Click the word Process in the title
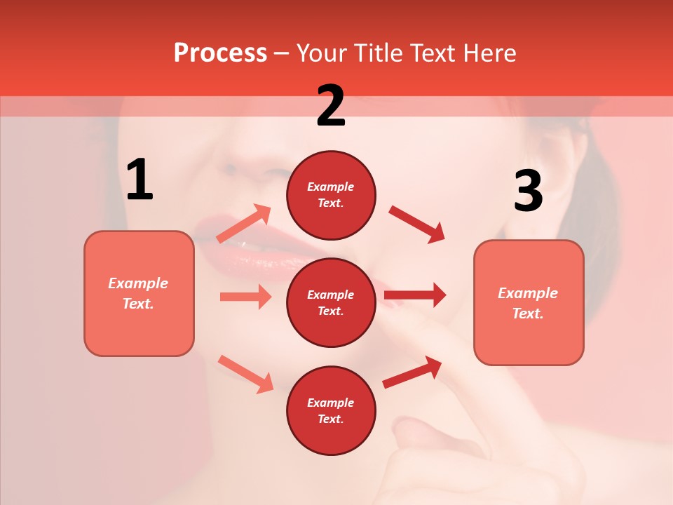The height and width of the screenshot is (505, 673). coord(220,53)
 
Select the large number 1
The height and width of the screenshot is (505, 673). coord(140,180)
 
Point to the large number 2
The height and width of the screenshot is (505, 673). coord(331,106)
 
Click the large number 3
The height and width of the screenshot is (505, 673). coord(528,191)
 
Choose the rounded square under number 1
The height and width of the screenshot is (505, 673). coord(139,293)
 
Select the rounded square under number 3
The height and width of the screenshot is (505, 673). coord(529,302)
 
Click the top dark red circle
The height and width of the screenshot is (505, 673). coord(331,194)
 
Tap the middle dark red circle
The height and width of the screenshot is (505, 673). coord(331,302)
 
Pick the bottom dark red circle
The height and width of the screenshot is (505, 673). coord(331,410)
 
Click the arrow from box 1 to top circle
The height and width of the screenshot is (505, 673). coord(244,223)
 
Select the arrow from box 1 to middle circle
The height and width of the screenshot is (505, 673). coord(245,297)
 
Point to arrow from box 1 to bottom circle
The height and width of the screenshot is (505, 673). coord(245,373)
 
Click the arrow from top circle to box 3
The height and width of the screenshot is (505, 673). coord(417,224)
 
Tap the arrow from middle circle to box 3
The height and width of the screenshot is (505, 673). coord(415,295)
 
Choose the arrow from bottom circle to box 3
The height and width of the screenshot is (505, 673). coord(412,372)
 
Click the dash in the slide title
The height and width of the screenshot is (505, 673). coord(282,54)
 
